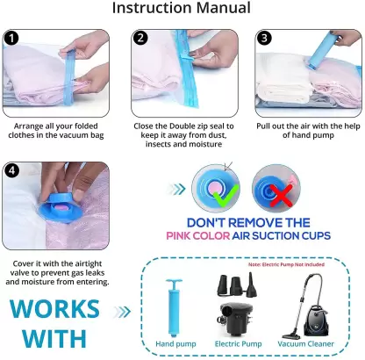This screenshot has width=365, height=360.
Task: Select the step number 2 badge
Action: [140, 39]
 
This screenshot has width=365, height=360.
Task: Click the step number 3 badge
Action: [264, 39]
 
